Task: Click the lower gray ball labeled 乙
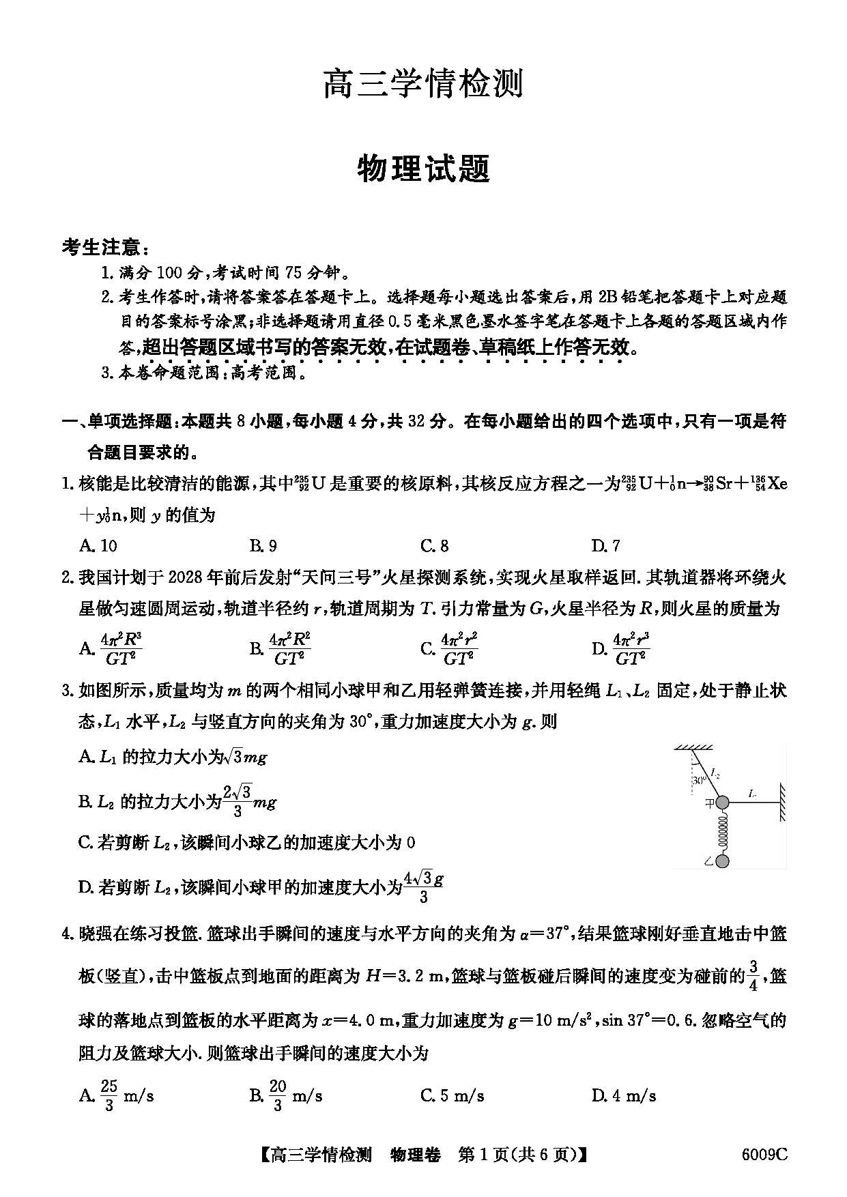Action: coord(723,861)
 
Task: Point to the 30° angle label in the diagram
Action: coord(698,780)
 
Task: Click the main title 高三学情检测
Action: coord(423,85)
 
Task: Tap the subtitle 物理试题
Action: coord(423,168)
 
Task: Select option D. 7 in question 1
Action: coord(606,545)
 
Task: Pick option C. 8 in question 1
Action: coord(435,545)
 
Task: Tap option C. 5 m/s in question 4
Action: coord(453,1096)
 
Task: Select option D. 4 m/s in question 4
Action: coord(624,1096)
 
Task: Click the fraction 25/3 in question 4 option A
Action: coord(109,1096)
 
